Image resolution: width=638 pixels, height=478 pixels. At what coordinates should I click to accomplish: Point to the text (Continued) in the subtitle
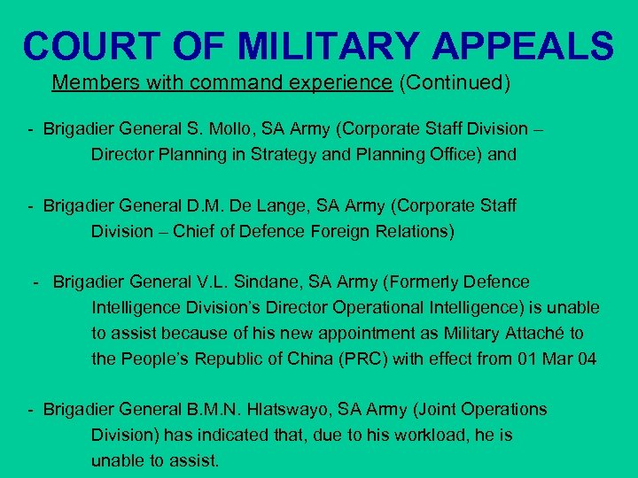(455, 83)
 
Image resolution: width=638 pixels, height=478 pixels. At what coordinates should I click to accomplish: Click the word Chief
(194, 231)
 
